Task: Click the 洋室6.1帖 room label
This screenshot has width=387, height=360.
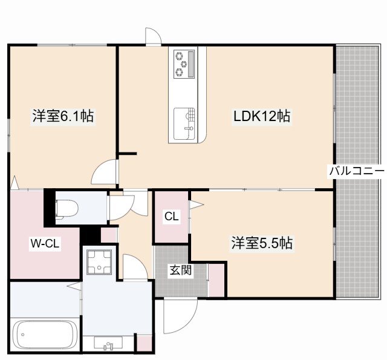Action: (63, 116)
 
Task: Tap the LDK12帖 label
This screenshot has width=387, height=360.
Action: (262, 116)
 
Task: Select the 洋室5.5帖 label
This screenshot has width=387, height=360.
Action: (262, 243)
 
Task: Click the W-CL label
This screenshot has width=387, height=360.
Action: (45, 244)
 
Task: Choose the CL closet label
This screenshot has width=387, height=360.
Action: (172, 217)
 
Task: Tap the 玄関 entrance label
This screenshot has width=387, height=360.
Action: (181, 270)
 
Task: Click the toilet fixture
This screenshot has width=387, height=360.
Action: (67, 209)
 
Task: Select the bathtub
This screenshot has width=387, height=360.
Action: (45, 335)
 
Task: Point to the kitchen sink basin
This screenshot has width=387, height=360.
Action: (184, 123)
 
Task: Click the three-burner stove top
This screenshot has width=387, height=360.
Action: (184, 64)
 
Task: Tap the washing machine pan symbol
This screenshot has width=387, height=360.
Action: (99, 262)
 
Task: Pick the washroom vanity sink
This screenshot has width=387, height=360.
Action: (108, 344)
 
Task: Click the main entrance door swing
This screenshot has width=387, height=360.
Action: (180, 316)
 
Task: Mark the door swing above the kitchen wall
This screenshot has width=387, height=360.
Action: (153, 37)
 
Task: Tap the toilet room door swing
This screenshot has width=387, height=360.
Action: (122, 208)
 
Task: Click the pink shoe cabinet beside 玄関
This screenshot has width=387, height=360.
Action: (216, 280)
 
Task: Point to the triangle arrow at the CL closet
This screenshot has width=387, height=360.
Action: (197, 205)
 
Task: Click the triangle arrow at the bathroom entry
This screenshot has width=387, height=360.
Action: (74, 286)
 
